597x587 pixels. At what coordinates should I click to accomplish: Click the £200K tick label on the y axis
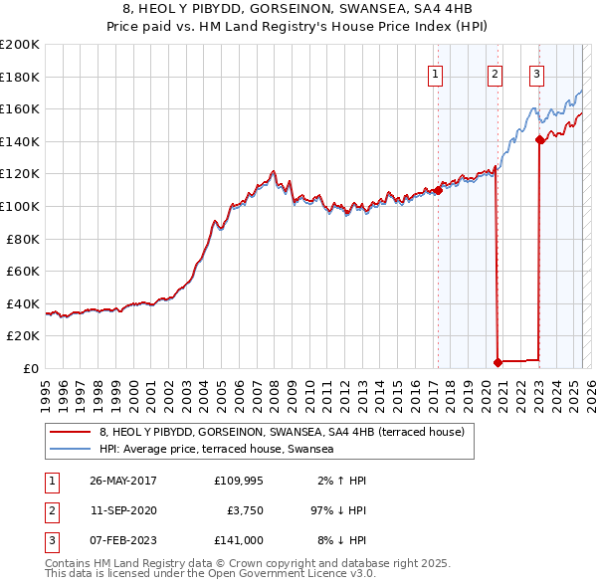20,45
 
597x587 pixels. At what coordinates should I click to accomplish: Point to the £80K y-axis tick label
23,239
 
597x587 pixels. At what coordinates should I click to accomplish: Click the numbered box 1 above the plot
436,72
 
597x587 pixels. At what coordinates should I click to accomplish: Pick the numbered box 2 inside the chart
495,72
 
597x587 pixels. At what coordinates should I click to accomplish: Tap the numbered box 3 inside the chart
536,72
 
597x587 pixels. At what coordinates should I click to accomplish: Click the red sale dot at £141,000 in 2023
539,140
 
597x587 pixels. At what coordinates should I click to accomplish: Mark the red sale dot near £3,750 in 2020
497,362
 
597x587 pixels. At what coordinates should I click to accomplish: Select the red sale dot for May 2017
438,190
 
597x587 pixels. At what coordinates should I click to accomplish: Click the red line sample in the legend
70,432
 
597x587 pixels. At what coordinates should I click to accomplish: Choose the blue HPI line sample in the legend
70,450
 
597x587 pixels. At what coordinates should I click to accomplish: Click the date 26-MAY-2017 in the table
123,481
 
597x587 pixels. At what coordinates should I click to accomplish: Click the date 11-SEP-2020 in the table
122,510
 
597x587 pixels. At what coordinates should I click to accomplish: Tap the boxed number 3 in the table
50,540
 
